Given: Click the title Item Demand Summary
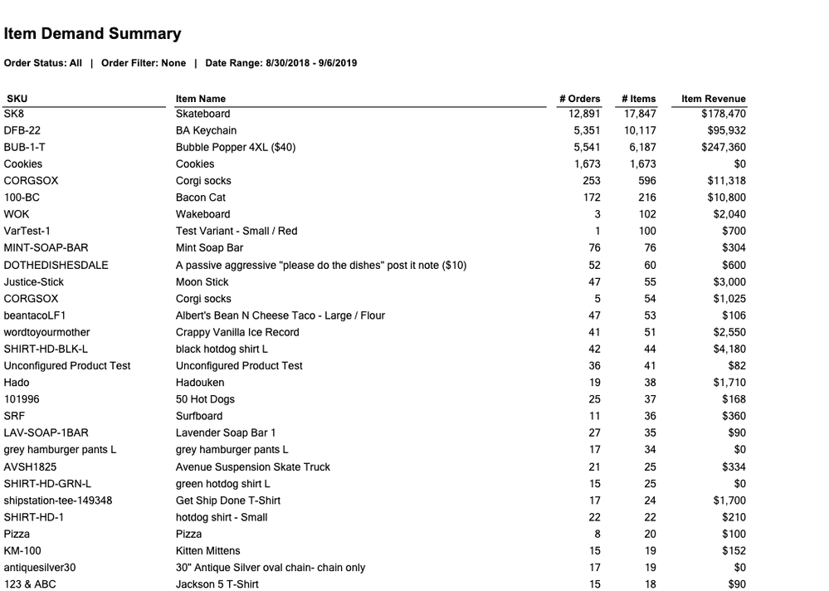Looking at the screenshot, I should [x=92, y=34].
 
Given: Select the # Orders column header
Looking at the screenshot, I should [x=579, y=99].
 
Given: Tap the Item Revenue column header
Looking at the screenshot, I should [x=713, y=99].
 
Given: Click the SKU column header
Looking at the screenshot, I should [x=17, y=99].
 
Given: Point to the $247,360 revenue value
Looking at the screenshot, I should [x=723, y=147].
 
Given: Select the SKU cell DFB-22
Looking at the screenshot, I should [x=22, y=130].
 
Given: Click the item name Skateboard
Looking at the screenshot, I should [x=202, y=114].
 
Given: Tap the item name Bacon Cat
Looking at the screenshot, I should [x=201, y=198].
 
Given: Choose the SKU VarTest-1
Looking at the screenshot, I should [x=27, y=231].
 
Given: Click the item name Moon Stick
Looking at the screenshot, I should [x=202, y=281].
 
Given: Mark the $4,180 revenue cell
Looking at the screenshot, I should [x=729, y=349].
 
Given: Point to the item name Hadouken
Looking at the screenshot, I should [x=199, y=383].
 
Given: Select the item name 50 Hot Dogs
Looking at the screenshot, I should [x=205, y=399].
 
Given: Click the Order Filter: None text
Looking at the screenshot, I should [x=144, y=63].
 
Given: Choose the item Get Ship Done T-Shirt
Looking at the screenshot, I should [x=228, y=501].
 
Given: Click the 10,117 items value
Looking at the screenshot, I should [x=640, y=130].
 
